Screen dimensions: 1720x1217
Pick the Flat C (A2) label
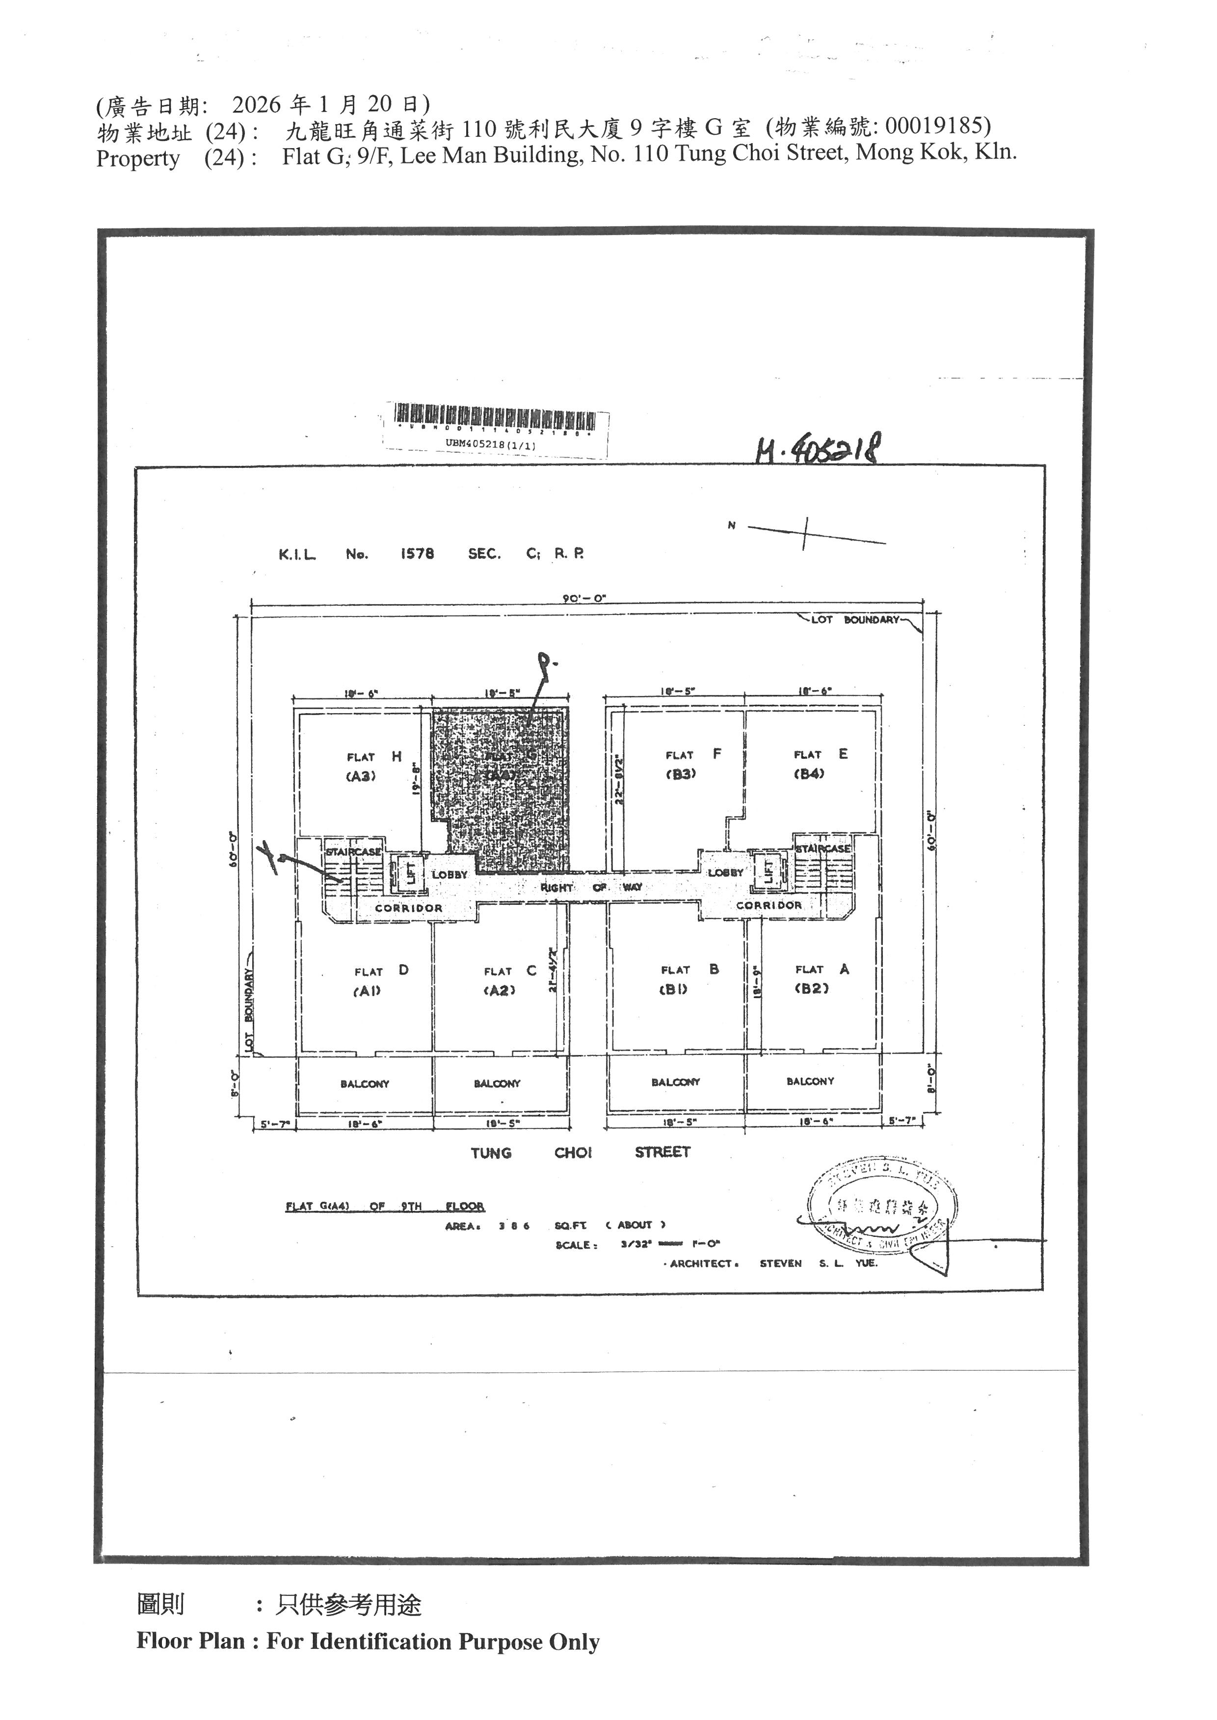pyautogui.click(x=509, y=980)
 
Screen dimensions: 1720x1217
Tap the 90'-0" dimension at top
pyautogui.click(x=584, y=598)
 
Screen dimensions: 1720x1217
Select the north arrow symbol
pyautogui.click(x=806, y=532)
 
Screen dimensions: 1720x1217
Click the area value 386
pyautogui.click(x=514, y=1226)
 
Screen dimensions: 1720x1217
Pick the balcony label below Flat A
pyautogui.click(x=810, y=1081)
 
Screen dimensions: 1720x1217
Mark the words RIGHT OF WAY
pyautogui.click(x=591, y=887)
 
